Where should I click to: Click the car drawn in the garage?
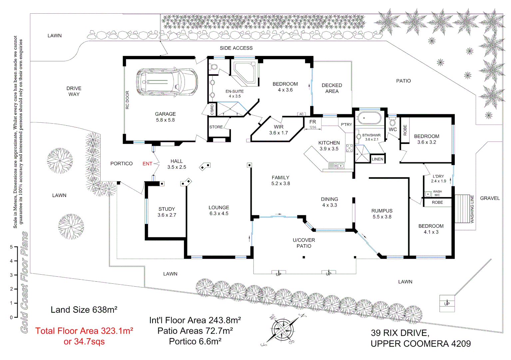pos(167,82)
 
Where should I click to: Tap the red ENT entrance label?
pos(147,164)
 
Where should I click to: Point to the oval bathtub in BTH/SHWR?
pos(369,118)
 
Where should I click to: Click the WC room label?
pos(393,129)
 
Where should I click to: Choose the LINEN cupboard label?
pos(377,159)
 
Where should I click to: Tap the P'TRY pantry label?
pos(346,124)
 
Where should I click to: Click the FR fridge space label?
pos(312,122)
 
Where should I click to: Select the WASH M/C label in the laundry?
pos(437,193)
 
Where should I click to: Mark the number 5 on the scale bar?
pos(11,247)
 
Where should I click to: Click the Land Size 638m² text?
pos(84,310)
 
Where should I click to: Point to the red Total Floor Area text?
pos(84,331)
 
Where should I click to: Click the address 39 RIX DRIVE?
pos(400,333)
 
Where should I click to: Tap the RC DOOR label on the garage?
pos(127,100)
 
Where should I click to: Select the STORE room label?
pos(216,127)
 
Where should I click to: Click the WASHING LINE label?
pos(472,209)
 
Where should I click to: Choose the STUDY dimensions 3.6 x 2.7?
pos(167,215)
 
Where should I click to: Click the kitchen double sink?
pos(336,166)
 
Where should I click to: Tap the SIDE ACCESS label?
pos(236,48)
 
